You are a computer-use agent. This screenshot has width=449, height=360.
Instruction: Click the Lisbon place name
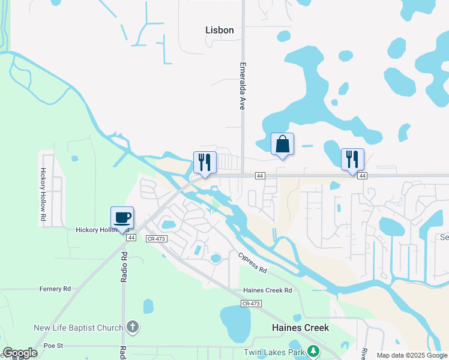pyautogui.click(x=219, y=29)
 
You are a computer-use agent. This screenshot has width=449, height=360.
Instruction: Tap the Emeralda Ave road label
pyautogui.click(x=243, y=86)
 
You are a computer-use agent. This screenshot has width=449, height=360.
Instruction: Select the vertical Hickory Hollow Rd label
pyautogui.click(x=43, y=193)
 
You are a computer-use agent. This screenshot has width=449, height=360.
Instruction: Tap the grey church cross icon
pyautogui.click(x=133, y=327)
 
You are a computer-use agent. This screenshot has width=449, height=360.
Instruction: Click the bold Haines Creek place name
pyautogui.click(x=300, y=328)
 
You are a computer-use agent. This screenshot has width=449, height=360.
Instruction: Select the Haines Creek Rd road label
pyautogui.click(x=267, y=290)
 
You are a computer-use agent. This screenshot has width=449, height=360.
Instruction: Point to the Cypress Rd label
pyautogui.click(x=252, y=262)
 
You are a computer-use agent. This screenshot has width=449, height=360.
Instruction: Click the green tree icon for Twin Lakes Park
pyautogui.click(x=312, y=351)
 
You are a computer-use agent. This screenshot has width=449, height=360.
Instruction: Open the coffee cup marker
pyautogui.click(x=122, y=217)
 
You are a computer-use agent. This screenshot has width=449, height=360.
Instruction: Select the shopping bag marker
pyautogui.click(x=282, y=144)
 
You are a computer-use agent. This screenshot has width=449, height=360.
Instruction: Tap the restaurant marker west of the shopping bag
pyautogui.click(x=205, y=163)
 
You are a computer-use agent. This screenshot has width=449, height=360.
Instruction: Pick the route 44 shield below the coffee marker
pyautogui.click(x=131, y=238)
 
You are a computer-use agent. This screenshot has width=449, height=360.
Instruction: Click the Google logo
pyautogui.click(x=20, y=353)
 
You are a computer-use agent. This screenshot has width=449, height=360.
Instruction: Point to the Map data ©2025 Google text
pyautogui.click(x=412, y=356)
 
